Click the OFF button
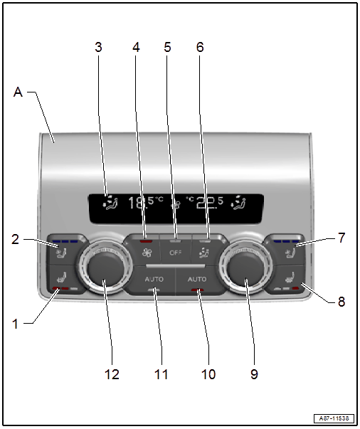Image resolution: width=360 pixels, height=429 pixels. click(175, 252)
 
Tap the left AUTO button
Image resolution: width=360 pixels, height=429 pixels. click(154, 280)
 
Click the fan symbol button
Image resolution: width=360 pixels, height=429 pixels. click(147, 252)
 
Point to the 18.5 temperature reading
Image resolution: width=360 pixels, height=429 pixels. click(146, 203)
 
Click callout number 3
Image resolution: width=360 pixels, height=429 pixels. click(98, 47)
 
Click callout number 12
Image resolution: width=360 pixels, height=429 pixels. click(112, 374)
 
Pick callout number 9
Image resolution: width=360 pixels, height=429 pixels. click(254, 374)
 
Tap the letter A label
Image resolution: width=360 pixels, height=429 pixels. click(18, 92)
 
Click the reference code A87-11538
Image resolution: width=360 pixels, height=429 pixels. click(334, 418)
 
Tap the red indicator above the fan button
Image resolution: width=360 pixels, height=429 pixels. click(146, 241)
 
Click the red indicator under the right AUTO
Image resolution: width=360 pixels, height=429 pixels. click(198, 290)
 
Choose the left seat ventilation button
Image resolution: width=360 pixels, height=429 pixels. click(61, 251)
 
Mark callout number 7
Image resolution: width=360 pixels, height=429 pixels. click(342, 238)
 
